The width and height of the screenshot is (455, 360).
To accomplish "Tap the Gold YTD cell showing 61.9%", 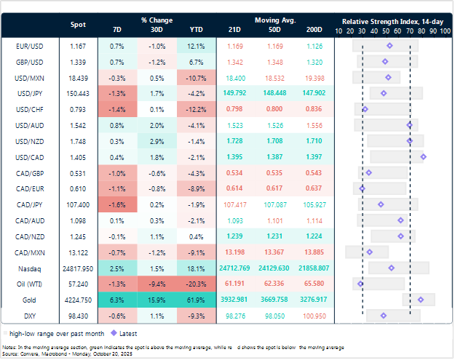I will (x=194, y=299).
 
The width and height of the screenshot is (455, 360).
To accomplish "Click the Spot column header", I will (x=77, y=25).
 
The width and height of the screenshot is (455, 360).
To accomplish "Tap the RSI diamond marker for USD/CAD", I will (x=423, y=156).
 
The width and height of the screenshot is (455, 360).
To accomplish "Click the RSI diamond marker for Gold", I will (x=420, y=299).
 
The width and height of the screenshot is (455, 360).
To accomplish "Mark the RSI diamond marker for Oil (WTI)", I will (x=360, y=283).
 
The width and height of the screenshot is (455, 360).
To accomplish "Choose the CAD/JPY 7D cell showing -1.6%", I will (x=116, y=204).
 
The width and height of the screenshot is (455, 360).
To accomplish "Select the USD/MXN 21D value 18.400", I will (x=234, y=77).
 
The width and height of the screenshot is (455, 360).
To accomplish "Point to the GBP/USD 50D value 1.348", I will (x=271, y=62).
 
